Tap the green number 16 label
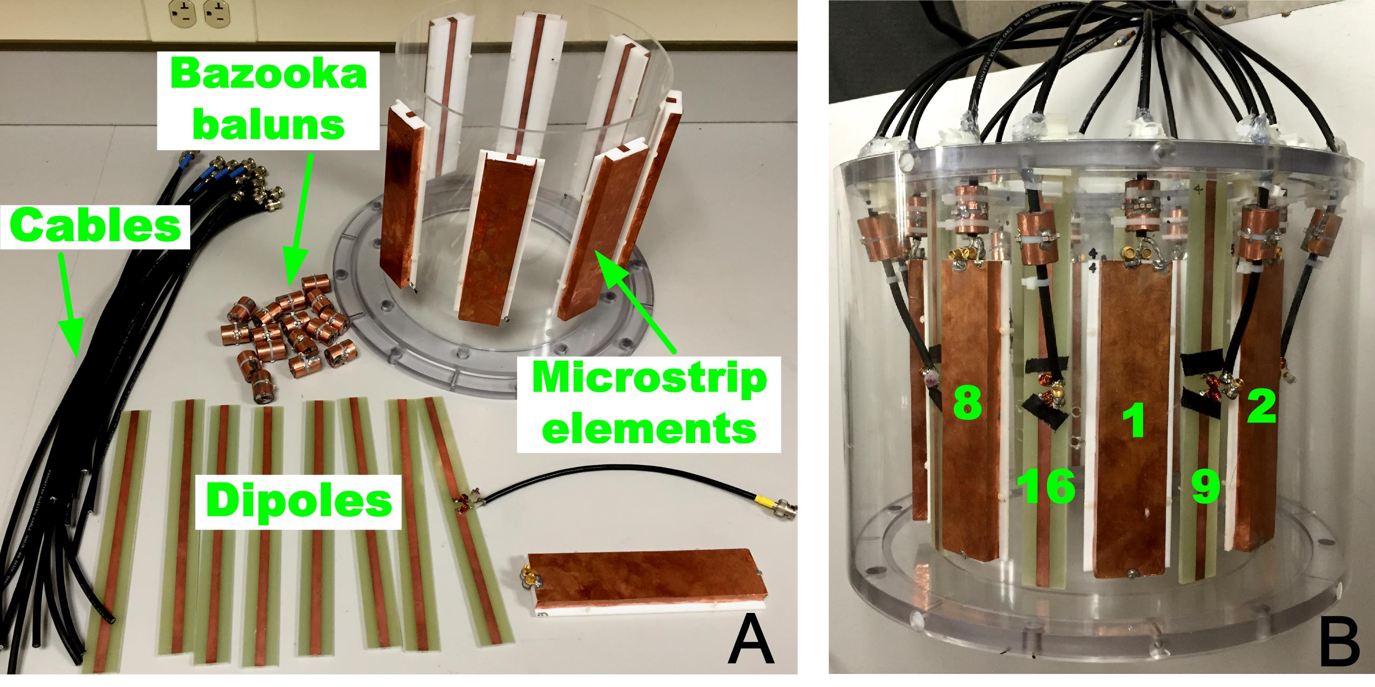coord(1046,487)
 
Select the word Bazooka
coord(270,76)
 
